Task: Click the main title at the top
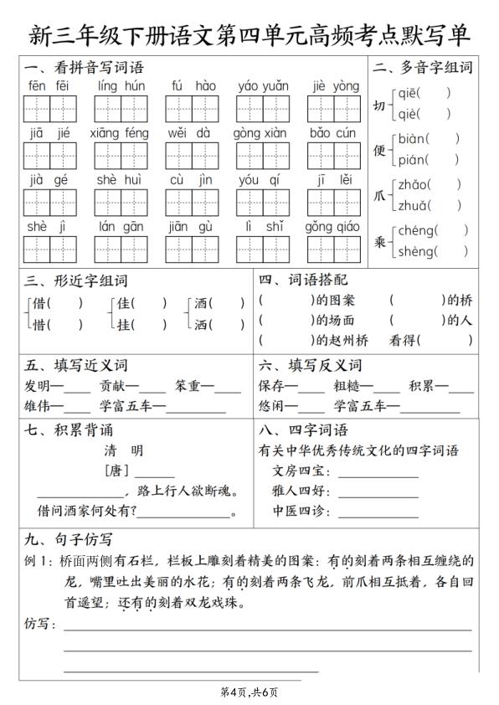(249, 35)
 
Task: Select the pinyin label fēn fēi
(49, 86)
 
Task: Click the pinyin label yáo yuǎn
(263, 86)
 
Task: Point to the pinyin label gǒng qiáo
(332, 227)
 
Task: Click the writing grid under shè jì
(49, 249)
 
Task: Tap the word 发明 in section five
(37, 386)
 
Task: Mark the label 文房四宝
(296, 471)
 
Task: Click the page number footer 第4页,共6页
(249, 692)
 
